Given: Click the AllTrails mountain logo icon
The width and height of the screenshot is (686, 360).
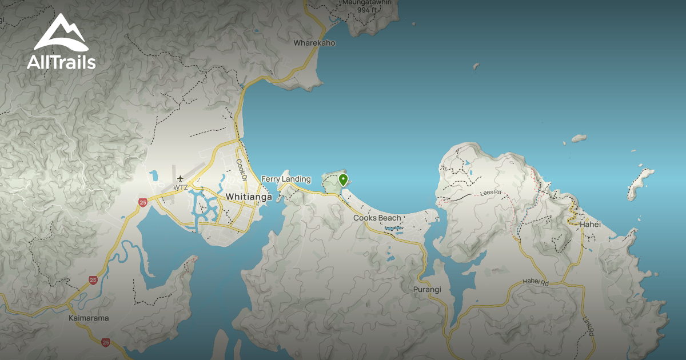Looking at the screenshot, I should click(x=61, y=33).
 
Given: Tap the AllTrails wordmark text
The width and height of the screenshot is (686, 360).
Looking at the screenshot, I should click(x=61, y=62).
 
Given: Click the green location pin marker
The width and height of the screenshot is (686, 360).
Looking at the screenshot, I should click(x=343, y=181).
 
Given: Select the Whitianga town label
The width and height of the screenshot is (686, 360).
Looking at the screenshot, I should click(x=249, y=196).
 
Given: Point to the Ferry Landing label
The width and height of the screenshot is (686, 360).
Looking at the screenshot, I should click(x=286, y=179).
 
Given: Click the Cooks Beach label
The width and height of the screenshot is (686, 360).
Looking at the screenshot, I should click(x=377, y=218).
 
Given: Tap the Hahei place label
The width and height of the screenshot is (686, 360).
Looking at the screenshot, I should click(x=590, y=225).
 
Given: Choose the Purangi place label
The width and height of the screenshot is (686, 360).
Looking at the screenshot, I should click(x=427, y=289).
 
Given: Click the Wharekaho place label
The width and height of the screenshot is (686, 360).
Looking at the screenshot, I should click(x=314, y=43).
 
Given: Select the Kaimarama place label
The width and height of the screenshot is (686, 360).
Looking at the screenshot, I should click(x=88, y=318).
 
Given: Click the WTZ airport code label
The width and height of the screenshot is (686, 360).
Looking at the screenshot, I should click(x=181, y=187).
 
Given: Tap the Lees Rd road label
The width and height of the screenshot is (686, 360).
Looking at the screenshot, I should click(x=490, y=193).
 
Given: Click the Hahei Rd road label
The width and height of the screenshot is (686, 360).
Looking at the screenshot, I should click(x=535, y=282).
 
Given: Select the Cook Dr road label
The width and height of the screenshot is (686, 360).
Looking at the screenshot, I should click(x=241, y=170).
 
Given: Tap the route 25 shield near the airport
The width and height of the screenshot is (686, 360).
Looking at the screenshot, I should click(x=142, y=202).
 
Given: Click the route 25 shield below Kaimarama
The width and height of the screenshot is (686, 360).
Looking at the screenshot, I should click(x=106, y=342).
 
